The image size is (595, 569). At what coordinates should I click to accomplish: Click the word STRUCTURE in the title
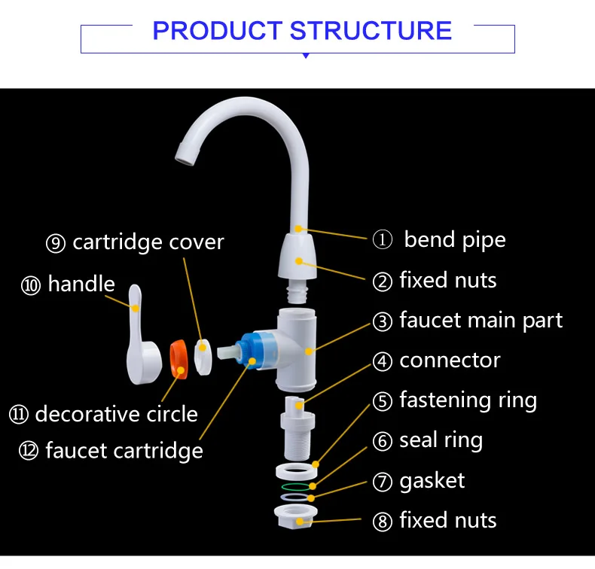pyautogui.click(x=371, y=31)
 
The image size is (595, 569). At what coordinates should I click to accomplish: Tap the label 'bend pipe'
pyautogui.click(x=454, y=240)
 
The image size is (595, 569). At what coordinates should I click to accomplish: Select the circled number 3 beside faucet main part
pyautogui.click(x=383, y=321)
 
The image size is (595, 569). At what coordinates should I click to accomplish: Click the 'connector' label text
pyautogui.click(x=450, y=361)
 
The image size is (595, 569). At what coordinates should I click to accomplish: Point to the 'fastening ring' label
pyautogui.click(x=468, y=400)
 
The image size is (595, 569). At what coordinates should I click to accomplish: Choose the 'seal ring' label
pyautogui.click(x=441, y=440)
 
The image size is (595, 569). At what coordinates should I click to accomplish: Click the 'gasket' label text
pyautogui.click(x=432, y=480)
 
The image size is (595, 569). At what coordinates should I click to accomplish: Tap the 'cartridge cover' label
pyautogui.click(x=148, y=242)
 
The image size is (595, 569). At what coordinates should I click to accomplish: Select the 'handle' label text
pyautogui.click(x=81, y=284)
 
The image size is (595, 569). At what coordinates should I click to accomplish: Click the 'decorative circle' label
pyautogui.click(x=116, y=414)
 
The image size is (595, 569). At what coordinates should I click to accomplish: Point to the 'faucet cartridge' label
pyautogui.click(x=124, y=451)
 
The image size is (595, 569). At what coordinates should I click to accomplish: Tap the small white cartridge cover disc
pyautogui.click(x=203, y=354)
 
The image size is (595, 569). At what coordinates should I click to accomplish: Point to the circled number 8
pyautogui.click(x=383, y=521)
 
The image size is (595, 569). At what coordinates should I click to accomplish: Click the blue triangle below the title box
pyautogui.click(x=305, y=56)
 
